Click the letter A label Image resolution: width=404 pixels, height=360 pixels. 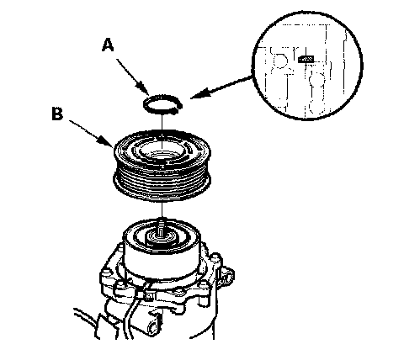click(108, 45)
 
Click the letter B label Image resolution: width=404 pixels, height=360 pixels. click(57, 114)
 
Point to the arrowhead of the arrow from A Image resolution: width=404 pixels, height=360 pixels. click(146, 89)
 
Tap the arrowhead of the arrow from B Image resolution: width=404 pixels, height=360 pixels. click(108, 141)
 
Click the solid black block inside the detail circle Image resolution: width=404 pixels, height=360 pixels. click(306, 59)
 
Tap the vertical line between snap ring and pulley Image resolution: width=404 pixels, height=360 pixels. click(162, 122)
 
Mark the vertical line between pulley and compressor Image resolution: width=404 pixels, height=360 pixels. click(162, 209)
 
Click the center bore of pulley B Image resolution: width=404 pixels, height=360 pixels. click(162, 151)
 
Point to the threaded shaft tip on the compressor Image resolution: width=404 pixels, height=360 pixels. click(162, 226)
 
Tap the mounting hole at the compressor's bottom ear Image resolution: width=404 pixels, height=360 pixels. click(153, 326)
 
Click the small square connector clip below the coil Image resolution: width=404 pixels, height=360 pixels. click(148, 295)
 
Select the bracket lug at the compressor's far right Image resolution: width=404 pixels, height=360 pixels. click(228, 276)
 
